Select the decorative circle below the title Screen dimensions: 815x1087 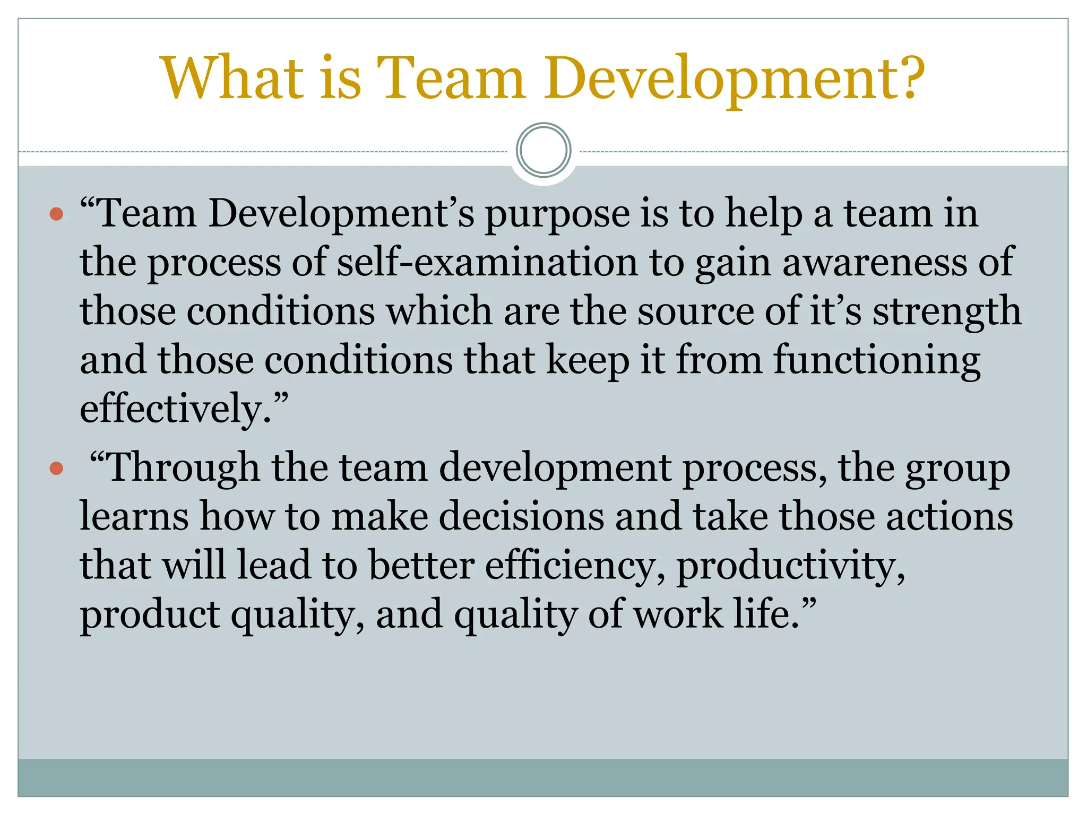[543, 150]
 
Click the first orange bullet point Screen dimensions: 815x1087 [56, 215]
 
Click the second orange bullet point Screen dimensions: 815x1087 [56, 469]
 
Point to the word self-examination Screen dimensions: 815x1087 [487, 262]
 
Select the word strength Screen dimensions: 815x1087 [947, 312]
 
